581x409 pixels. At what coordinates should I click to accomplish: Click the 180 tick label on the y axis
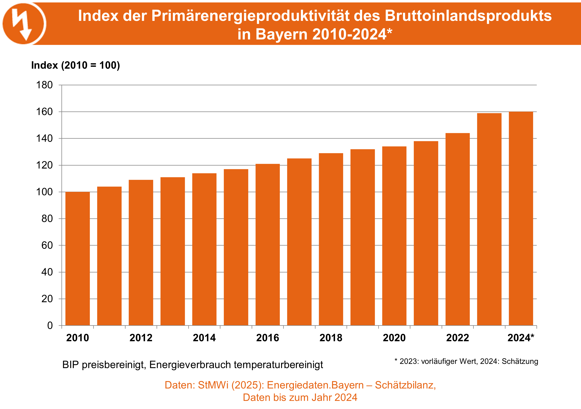tap(45, 85)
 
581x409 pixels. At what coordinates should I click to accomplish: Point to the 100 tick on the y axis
tap(45, 192)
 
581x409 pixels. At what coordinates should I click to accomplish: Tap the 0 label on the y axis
tap(50, 326)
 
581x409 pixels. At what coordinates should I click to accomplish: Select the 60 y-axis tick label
tap(47, 245)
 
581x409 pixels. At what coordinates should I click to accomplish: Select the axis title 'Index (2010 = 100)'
tap(75, 65)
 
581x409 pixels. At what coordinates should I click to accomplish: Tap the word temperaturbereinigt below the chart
tap(278, 365)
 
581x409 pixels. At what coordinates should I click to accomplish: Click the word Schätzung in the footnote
tap(520, 361)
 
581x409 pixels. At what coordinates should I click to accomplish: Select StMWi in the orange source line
tap(213, 385)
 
